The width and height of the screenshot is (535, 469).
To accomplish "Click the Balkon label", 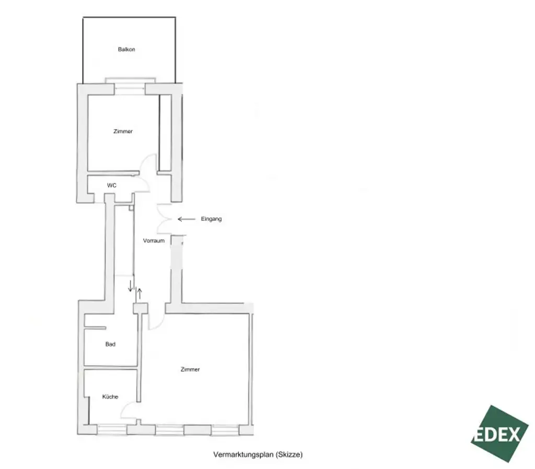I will pyautogui.click(x=126, y=50).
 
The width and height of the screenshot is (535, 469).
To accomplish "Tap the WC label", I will pyautogui.click(x=111, y=185).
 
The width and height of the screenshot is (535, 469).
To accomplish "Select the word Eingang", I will pyautogui.click(x=211, y=219).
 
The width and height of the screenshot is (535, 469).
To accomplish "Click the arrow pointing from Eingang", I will pyautogui.click(x=186, y=219).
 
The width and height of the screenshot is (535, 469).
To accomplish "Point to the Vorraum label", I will pyautogui.click(x=154, y=241).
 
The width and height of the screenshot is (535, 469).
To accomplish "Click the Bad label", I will pyautogui.click(x=110, y=344).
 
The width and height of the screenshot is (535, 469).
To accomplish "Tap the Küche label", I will pyautogui.click(x=110, y=397).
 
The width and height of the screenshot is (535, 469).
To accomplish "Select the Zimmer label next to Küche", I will pyautogui.click(x=190, y=369).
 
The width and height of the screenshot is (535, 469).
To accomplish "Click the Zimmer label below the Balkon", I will pyautogui.click(x=123, y=132).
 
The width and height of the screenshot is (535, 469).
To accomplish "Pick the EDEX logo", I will pyautogui.click(x=499, y=434).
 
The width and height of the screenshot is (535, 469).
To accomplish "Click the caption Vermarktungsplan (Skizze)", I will pyautogui.click(x=258, y=454).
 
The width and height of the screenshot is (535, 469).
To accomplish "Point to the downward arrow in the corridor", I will pyautogui.click(x=130, y=286).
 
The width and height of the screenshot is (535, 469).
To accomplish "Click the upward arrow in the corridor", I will pyautogui.click(x=138, y=292).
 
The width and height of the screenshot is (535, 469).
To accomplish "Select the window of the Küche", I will pyautogui.click(x=112, y=430).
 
